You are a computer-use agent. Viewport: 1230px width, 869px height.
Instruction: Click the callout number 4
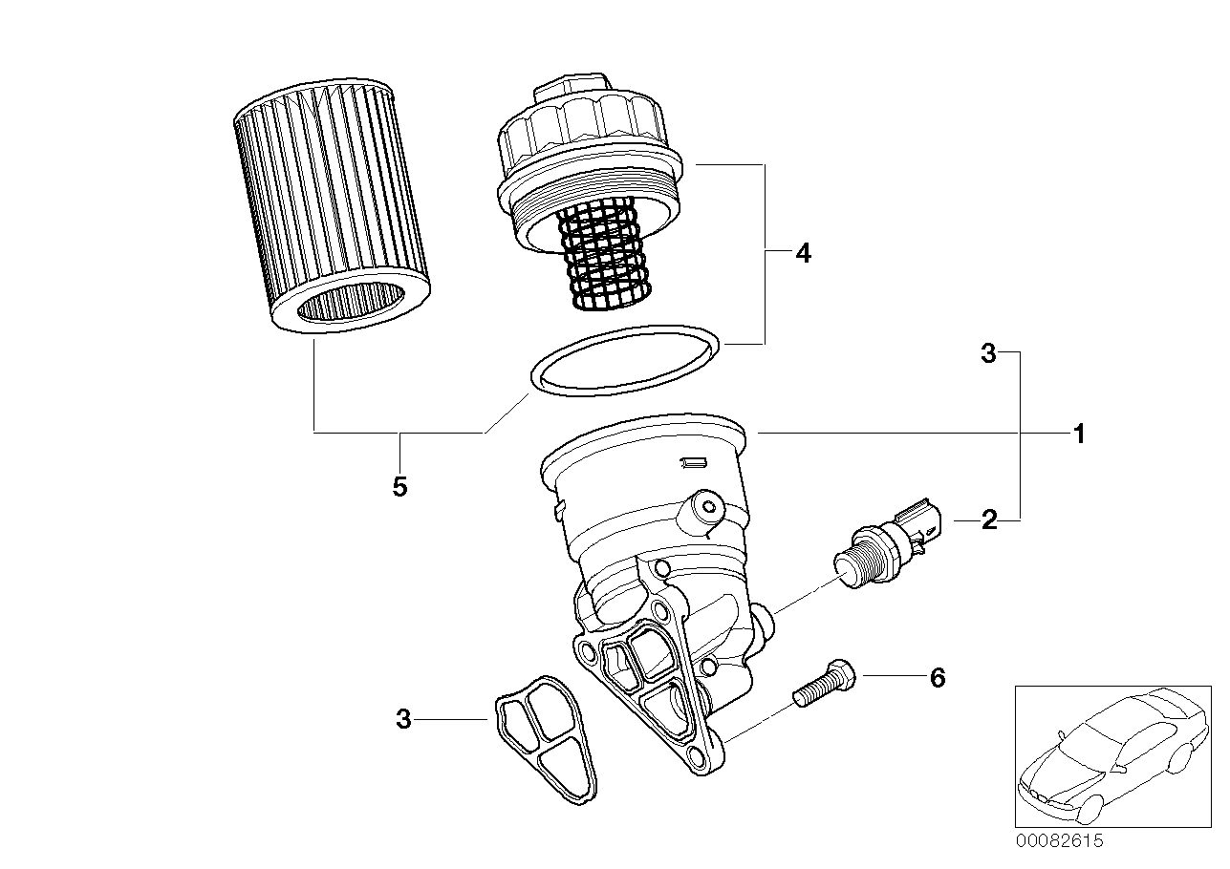pyautogui.click(x=803, y=253)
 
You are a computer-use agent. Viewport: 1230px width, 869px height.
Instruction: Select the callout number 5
pyautogui.click(x=399, y=487)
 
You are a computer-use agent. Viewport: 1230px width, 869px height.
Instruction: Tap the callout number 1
pyautogui.click(x=1079, y=434)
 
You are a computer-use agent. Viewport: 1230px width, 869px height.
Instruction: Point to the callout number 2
pyautogui.click(x=989, y=520)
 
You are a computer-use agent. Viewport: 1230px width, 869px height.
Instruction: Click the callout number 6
pyautogui.click(x=938, y=678)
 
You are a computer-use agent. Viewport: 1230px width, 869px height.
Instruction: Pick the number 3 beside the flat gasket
pyautogui.click(x=403, y=719)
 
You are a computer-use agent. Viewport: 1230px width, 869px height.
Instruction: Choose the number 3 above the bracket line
pyautogui.click(x=988, y=354)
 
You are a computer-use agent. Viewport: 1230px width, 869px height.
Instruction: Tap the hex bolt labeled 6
pyautogui.click(x=825, y=684)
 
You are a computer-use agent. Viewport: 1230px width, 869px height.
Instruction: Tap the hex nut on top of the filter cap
pyautogui.click(x=572, y=88)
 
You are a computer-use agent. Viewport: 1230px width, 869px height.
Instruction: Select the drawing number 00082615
pyautogui.click(x=1059, y=841)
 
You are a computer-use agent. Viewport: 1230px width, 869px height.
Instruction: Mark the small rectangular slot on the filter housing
pyautogui.click(x=693, y=462)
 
